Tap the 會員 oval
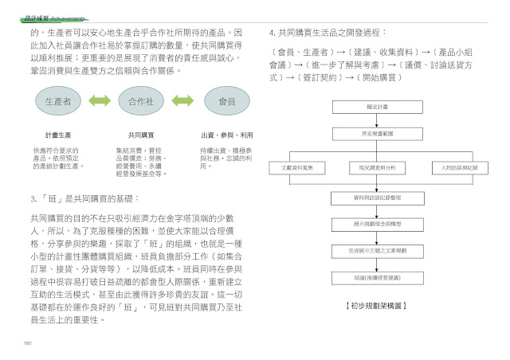[x=226, y=102]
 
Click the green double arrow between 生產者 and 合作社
[x=100, y=102]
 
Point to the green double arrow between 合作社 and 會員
[x=182, y=102]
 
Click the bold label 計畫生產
[x=58, y=135]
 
